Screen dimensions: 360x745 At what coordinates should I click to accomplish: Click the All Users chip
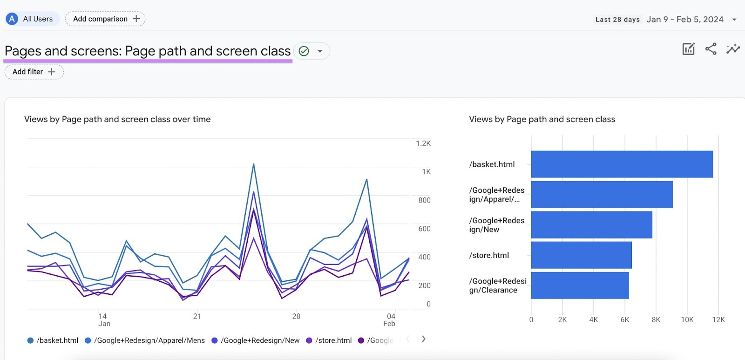coord(32,19)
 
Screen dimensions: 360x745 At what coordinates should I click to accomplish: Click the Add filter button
coord(34,72)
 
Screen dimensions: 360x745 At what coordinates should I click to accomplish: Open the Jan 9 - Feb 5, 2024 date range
coord(684,20)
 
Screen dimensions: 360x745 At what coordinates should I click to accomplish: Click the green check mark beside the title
coord(304,51)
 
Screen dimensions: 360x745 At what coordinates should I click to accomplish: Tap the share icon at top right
coord(711,49)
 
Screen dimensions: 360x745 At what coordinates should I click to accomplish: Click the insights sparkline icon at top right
coord(733,49)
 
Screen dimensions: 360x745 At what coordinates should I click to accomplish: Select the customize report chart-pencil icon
coord(688,49)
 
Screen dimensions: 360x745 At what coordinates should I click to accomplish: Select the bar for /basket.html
coord(622,164)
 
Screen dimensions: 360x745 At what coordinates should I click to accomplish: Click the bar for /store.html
coord(581,255)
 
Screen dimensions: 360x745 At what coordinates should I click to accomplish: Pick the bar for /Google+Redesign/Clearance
coord(580,285)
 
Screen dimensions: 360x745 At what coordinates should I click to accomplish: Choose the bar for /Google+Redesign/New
coord(591,224)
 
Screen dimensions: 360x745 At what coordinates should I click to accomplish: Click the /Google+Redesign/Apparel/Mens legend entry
coord(145,340)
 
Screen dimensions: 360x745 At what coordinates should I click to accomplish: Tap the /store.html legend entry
coord(329,340)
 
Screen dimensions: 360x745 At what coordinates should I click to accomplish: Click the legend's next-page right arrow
coord(423,339)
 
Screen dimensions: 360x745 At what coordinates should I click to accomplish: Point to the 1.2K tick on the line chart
coord(423,143)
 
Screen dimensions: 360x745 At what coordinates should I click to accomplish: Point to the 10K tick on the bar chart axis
coord(687,319)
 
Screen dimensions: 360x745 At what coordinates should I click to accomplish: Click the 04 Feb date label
coord(390,320)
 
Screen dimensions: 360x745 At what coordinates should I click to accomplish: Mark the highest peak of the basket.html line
coord(254,164)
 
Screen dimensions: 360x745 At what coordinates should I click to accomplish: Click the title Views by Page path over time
coord(117,119)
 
